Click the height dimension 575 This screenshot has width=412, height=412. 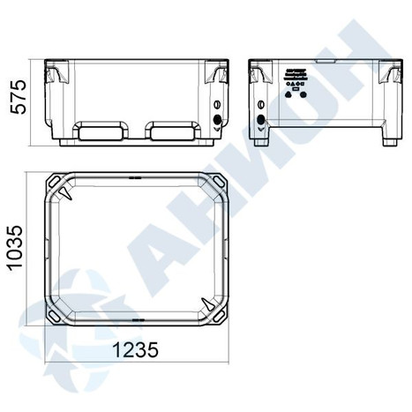[19, 96]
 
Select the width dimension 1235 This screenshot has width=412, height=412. [136, 350]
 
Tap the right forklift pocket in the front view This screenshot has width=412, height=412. [173, 130]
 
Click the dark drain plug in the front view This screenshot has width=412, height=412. [217, 119]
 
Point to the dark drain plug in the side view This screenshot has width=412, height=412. [261, 119]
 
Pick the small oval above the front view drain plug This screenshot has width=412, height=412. [217, 104]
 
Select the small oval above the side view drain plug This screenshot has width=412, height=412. [260, 104]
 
